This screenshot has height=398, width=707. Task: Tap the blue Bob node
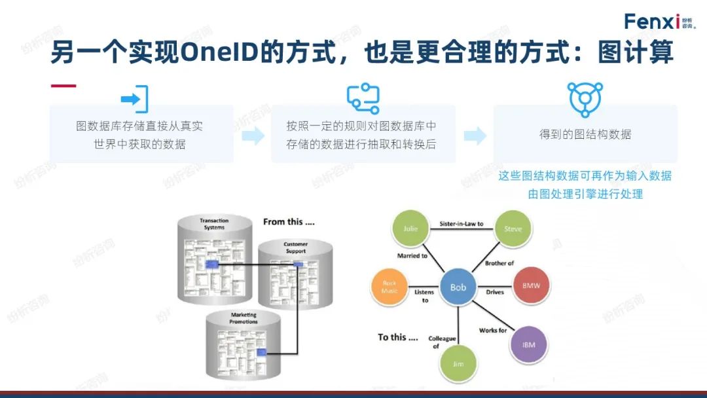click(x=458, y=287)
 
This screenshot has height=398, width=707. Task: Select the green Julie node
click(x=410, y=228)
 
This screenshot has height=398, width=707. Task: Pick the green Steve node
click(x=513, y=228)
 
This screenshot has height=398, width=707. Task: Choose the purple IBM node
click(x=528, y=344)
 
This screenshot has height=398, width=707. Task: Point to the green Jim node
click(x=458, y=363)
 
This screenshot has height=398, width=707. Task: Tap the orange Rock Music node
click(x=389, y=287)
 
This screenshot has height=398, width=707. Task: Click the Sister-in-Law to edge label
click(x=462, y=224)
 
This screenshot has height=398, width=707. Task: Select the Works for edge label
click(x=492, y=331)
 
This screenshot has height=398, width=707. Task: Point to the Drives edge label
click(x=495, y=292)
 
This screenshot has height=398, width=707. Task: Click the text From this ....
click(x=289, y=222)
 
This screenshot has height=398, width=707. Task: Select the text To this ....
click(x=397, y=337)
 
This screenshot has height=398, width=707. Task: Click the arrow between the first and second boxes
click(x=253, y=136)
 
